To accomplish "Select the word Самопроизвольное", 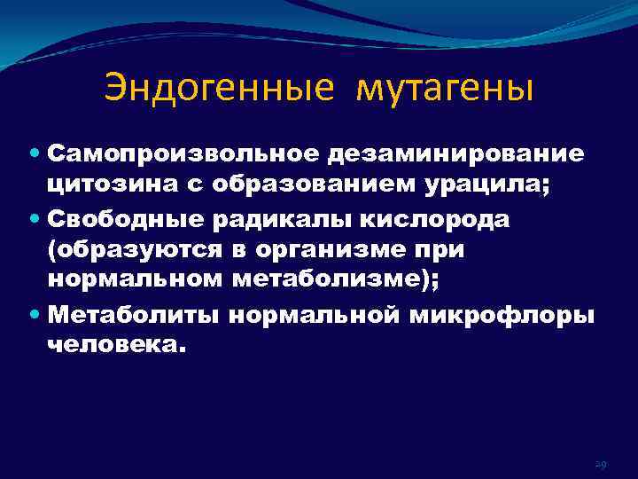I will [187, 153].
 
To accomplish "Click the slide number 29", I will [600, 464].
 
